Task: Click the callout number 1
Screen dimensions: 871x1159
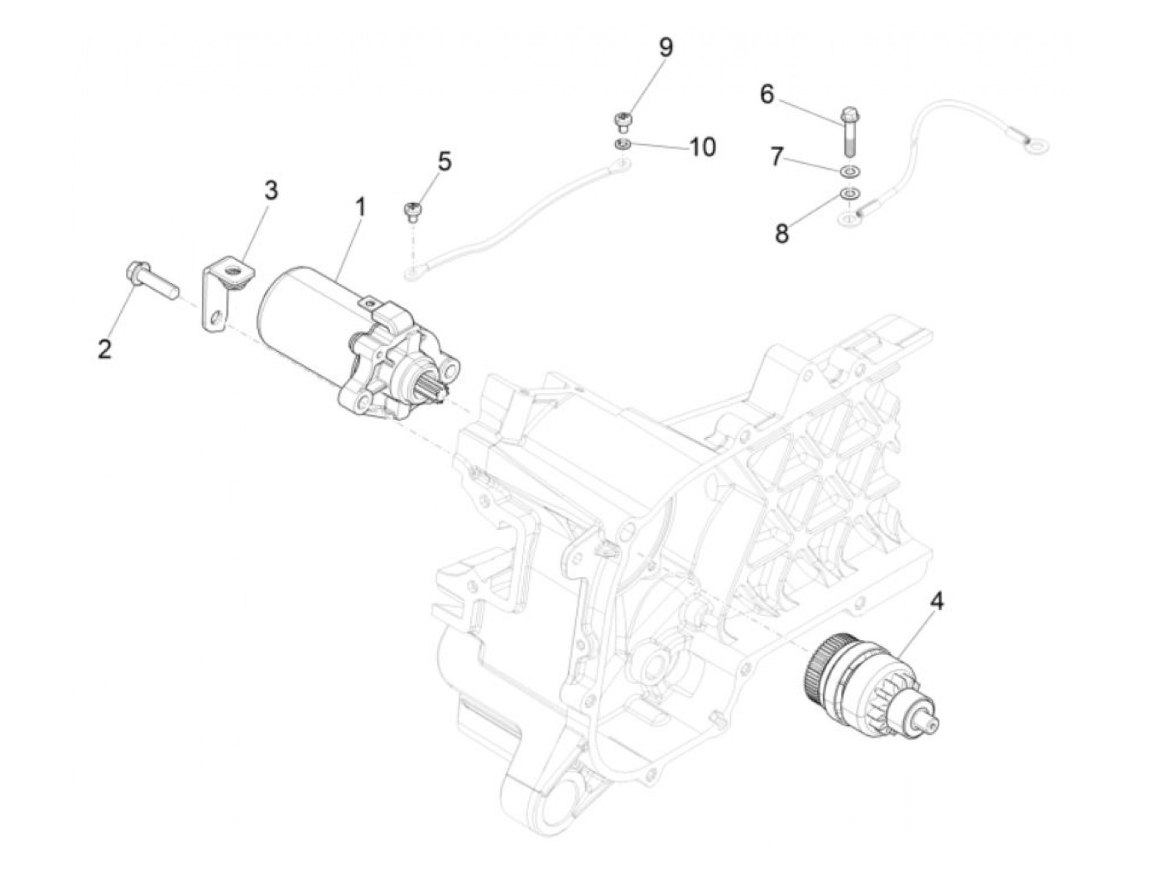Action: point(360,206)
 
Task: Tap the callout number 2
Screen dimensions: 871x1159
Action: point(104,349)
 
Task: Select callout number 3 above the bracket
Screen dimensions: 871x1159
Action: point(271,190)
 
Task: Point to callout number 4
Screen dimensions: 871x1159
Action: point(936,601)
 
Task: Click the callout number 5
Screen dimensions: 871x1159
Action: point(445,161)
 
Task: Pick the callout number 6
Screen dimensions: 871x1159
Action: point(767,94)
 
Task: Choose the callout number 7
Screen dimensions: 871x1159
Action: point(777,156)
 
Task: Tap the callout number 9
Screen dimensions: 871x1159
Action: point(666,47)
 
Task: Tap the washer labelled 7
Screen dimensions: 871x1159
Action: point(849,171)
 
